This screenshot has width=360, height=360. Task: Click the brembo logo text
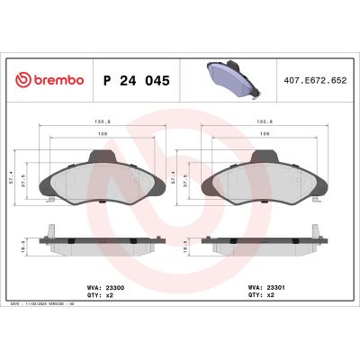click(x=51, y=80)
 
